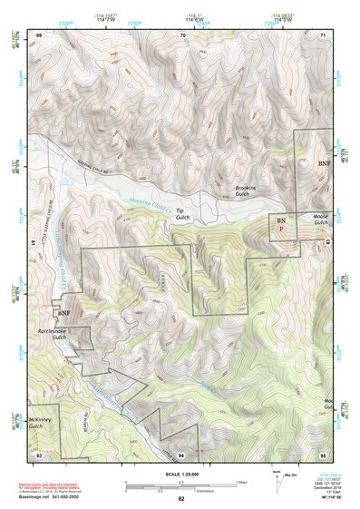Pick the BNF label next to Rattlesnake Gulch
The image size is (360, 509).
pos(63,313)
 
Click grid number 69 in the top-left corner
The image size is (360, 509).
pos(39,34)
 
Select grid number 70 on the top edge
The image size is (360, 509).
pos(182,34)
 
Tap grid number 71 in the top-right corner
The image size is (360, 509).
pos(323,34)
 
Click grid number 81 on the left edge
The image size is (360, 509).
pos(33,243)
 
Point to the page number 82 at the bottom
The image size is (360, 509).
pos(181,499)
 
